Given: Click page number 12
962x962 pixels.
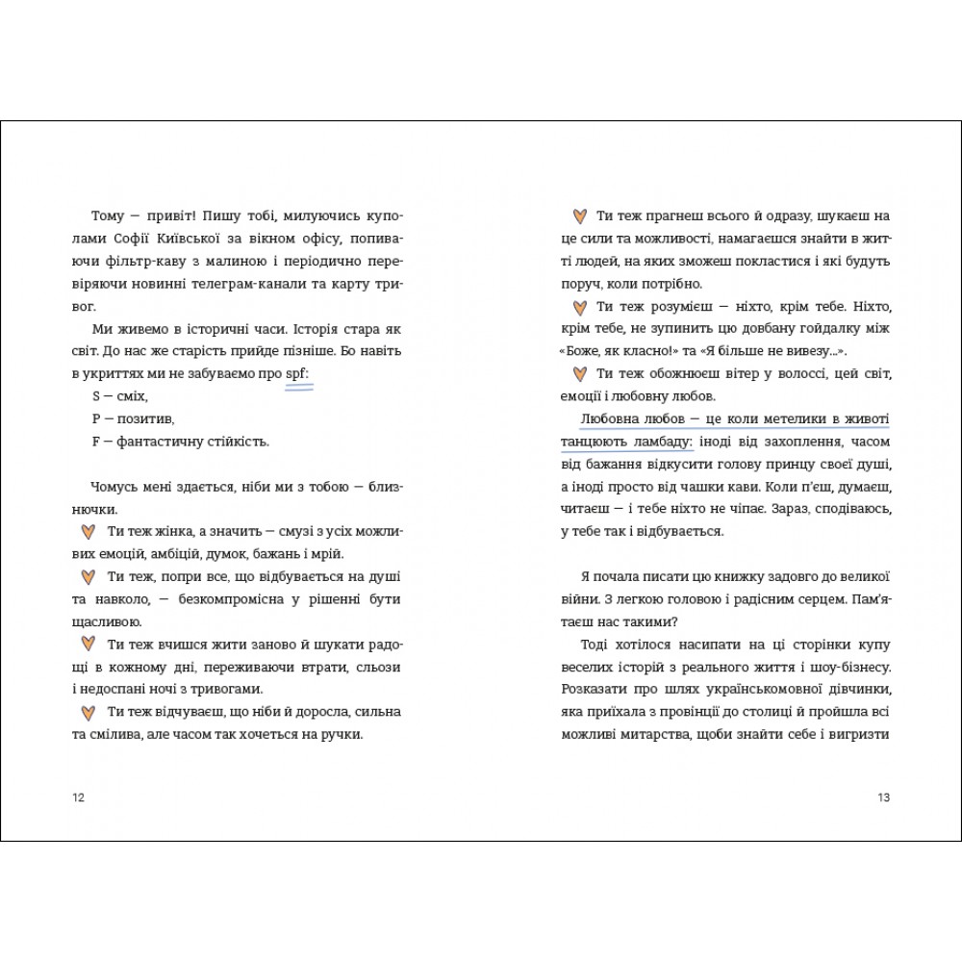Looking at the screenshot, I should [x=79, y=797].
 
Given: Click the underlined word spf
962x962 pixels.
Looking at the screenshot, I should [x=298, y=374].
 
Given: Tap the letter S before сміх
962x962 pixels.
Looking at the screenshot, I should [x=95, y=396].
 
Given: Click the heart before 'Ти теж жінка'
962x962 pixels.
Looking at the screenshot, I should [x=87, y=532].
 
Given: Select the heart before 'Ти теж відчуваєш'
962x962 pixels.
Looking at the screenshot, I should [x=87, y=713].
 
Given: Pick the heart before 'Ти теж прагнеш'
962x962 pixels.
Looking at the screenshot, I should [x=579, y=216].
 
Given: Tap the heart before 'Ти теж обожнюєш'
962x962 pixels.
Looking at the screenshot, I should [x=579, y=374].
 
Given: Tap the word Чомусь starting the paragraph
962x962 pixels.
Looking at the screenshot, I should [x=115, y=487].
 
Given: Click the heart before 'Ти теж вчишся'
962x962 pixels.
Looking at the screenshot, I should [x=87, y=645].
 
